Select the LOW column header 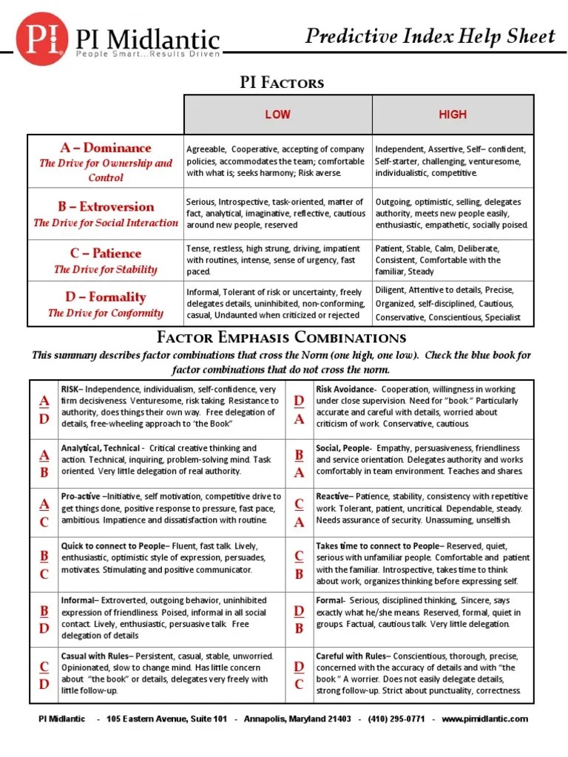tap(277, 115)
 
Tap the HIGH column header tap(453, 115)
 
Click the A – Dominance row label tap(106, 148)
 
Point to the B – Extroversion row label tap(106, 207)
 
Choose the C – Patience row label tap(106, 253)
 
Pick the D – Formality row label tap(106, 297)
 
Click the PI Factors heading tap(283, 82)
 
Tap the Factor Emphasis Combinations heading tap(281, 339)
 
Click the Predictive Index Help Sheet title tap(430, 36)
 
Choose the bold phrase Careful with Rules tap(351, 656)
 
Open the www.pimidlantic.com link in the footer tap(485, 719)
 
